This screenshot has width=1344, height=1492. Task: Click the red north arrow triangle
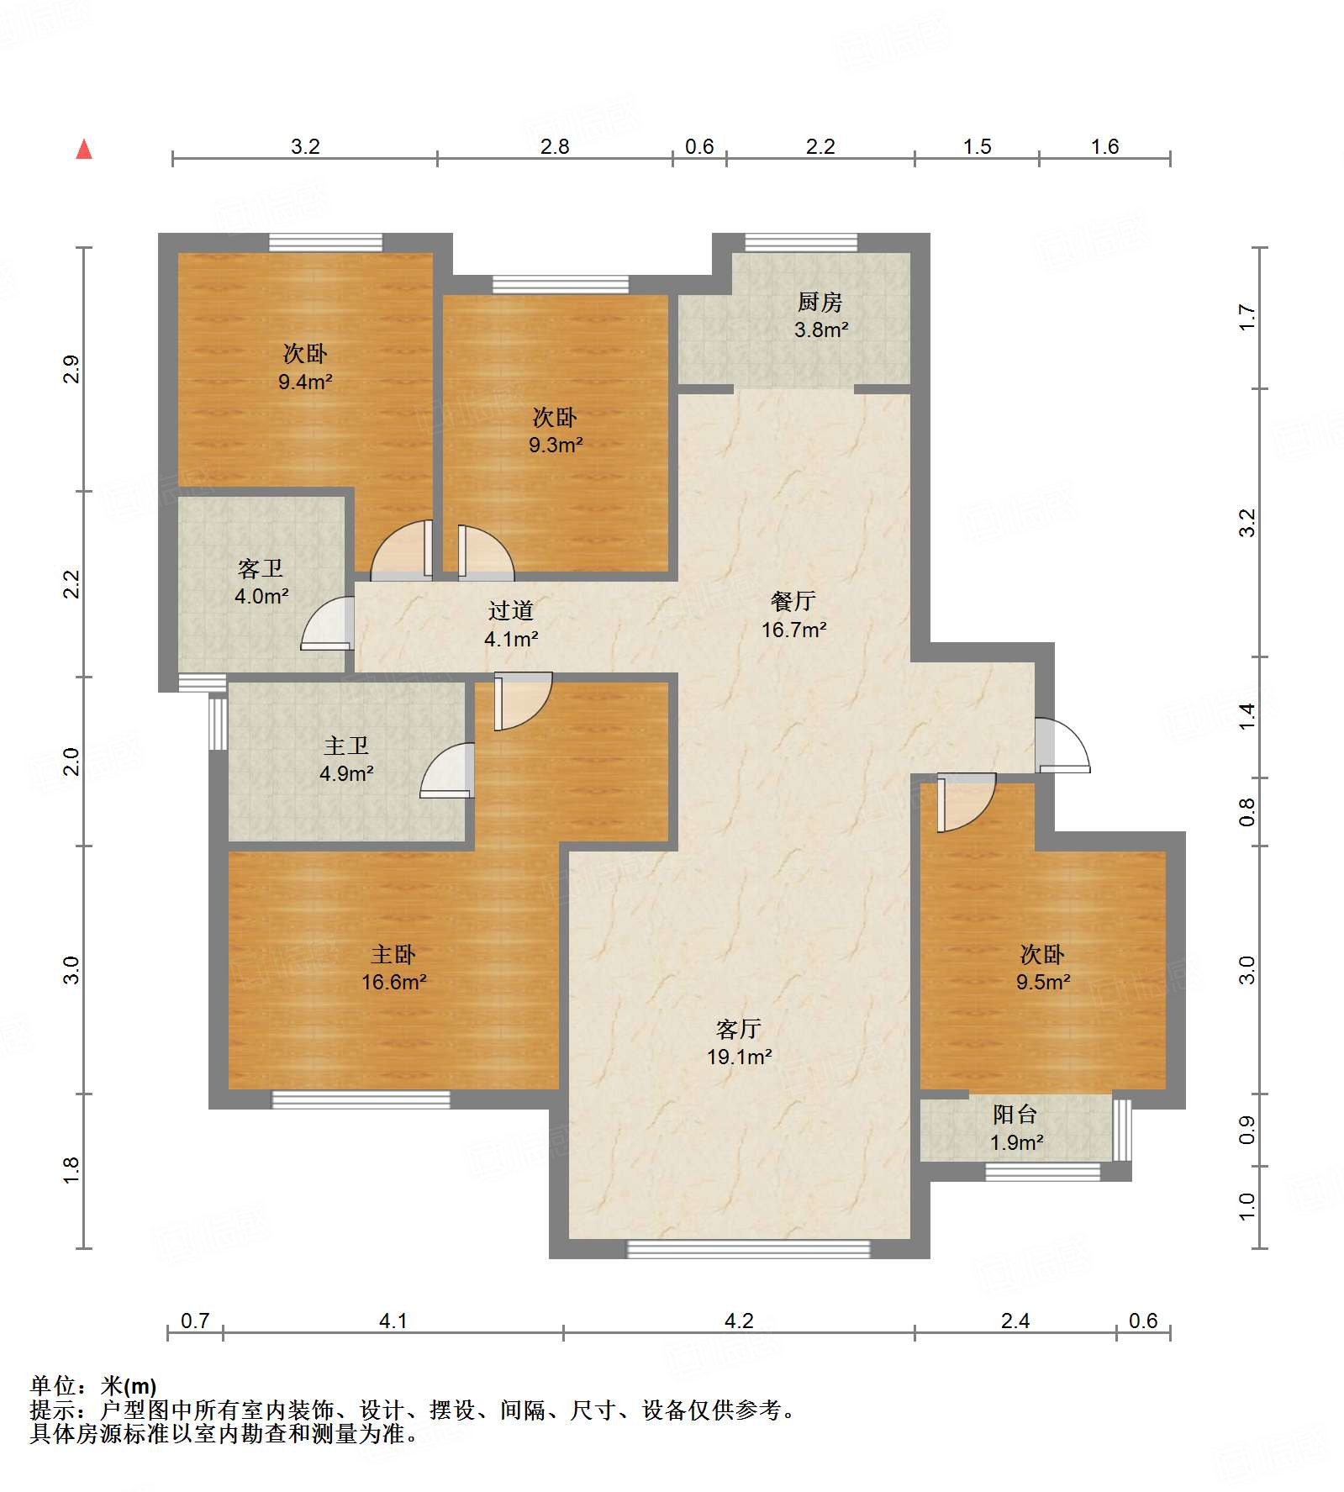tap(84, 150)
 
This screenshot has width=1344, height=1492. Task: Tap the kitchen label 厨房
tap(820, 301)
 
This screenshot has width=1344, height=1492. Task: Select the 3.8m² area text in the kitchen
tap(821, 330)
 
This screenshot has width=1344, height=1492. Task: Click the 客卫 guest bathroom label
tap(261, 569)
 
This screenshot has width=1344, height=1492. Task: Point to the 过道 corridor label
tap(511, 610)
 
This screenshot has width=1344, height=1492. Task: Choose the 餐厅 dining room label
tap(793, 601)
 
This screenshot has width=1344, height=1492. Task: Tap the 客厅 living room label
tap(739, 1028)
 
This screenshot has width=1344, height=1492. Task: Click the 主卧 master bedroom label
tap(393, 954)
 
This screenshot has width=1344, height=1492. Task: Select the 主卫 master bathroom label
tap(346, 746)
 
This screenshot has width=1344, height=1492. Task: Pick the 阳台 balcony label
tap(1015, 1115)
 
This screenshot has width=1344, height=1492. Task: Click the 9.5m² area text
tap(1043, 982)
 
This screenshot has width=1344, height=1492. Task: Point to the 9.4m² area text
tap(305, 382)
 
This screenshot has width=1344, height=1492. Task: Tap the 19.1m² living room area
tap(739, 1057)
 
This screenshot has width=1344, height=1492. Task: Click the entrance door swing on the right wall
tap(1062, 745)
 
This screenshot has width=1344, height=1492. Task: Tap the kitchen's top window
tap(801, 242)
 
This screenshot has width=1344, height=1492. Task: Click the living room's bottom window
tap(749, 1249)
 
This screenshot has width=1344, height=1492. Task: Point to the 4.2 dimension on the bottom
tap(739, 1321)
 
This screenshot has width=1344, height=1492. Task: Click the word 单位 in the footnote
tap(52, 1386)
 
